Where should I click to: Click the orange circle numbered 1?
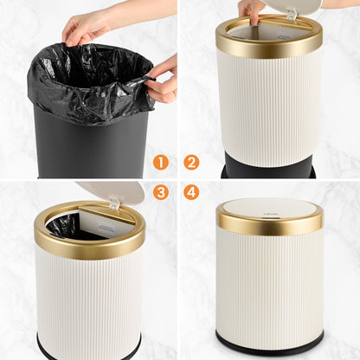(161, 162)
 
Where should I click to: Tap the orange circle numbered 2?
(192, 162)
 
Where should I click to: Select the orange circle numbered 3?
(161, 192)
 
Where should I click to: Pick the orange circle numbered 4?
(192, 192)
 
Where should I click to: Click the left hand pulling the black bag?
(87, 26)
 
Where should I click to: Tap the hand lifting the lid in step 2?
(251, 9)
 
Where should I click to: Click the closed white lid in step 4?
(268, 208)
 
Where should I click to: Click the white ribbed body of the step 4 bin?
(268, 286)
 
